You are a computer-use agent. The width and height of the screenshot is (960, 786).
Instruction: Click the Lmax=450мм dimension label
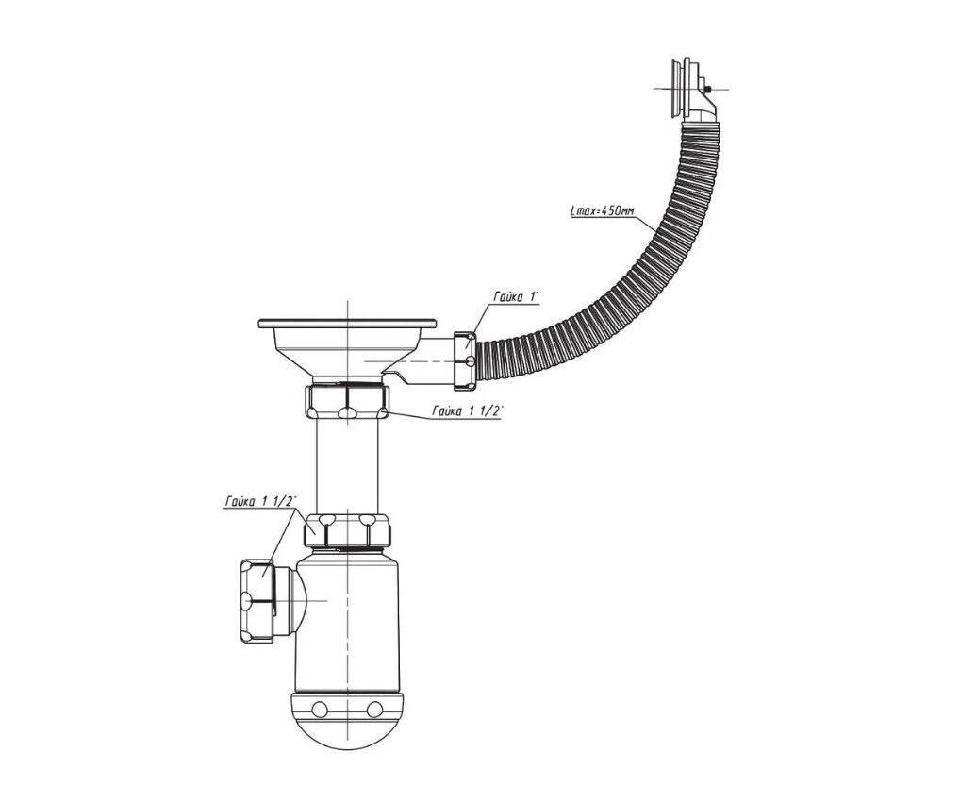point(602,210)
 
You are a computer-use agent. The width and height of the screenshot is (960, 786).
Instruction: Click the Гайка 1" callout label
point(516,297)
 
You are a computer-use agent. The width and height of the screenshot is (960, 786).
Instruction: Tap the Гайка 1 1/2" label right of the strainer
point(467,412)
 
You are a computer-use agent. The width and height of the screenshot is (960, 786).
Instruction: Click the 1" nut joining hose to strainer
point(465,360)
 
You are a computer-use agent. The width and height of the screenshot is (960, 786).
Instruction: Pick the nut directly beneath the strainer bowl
point(346,401)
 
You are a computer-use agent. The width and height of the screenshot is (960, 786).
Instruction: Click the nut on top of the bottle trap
point(347,529)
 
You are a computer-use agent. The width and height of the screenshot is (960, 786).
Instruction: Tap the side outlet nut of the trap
point(257,600)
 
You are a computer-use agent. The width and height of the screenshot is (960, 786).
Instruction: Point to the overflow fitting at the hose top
point(686,89)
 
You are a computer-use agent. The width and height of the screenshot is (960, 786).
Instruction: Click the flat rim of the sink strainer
point(347,323)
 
